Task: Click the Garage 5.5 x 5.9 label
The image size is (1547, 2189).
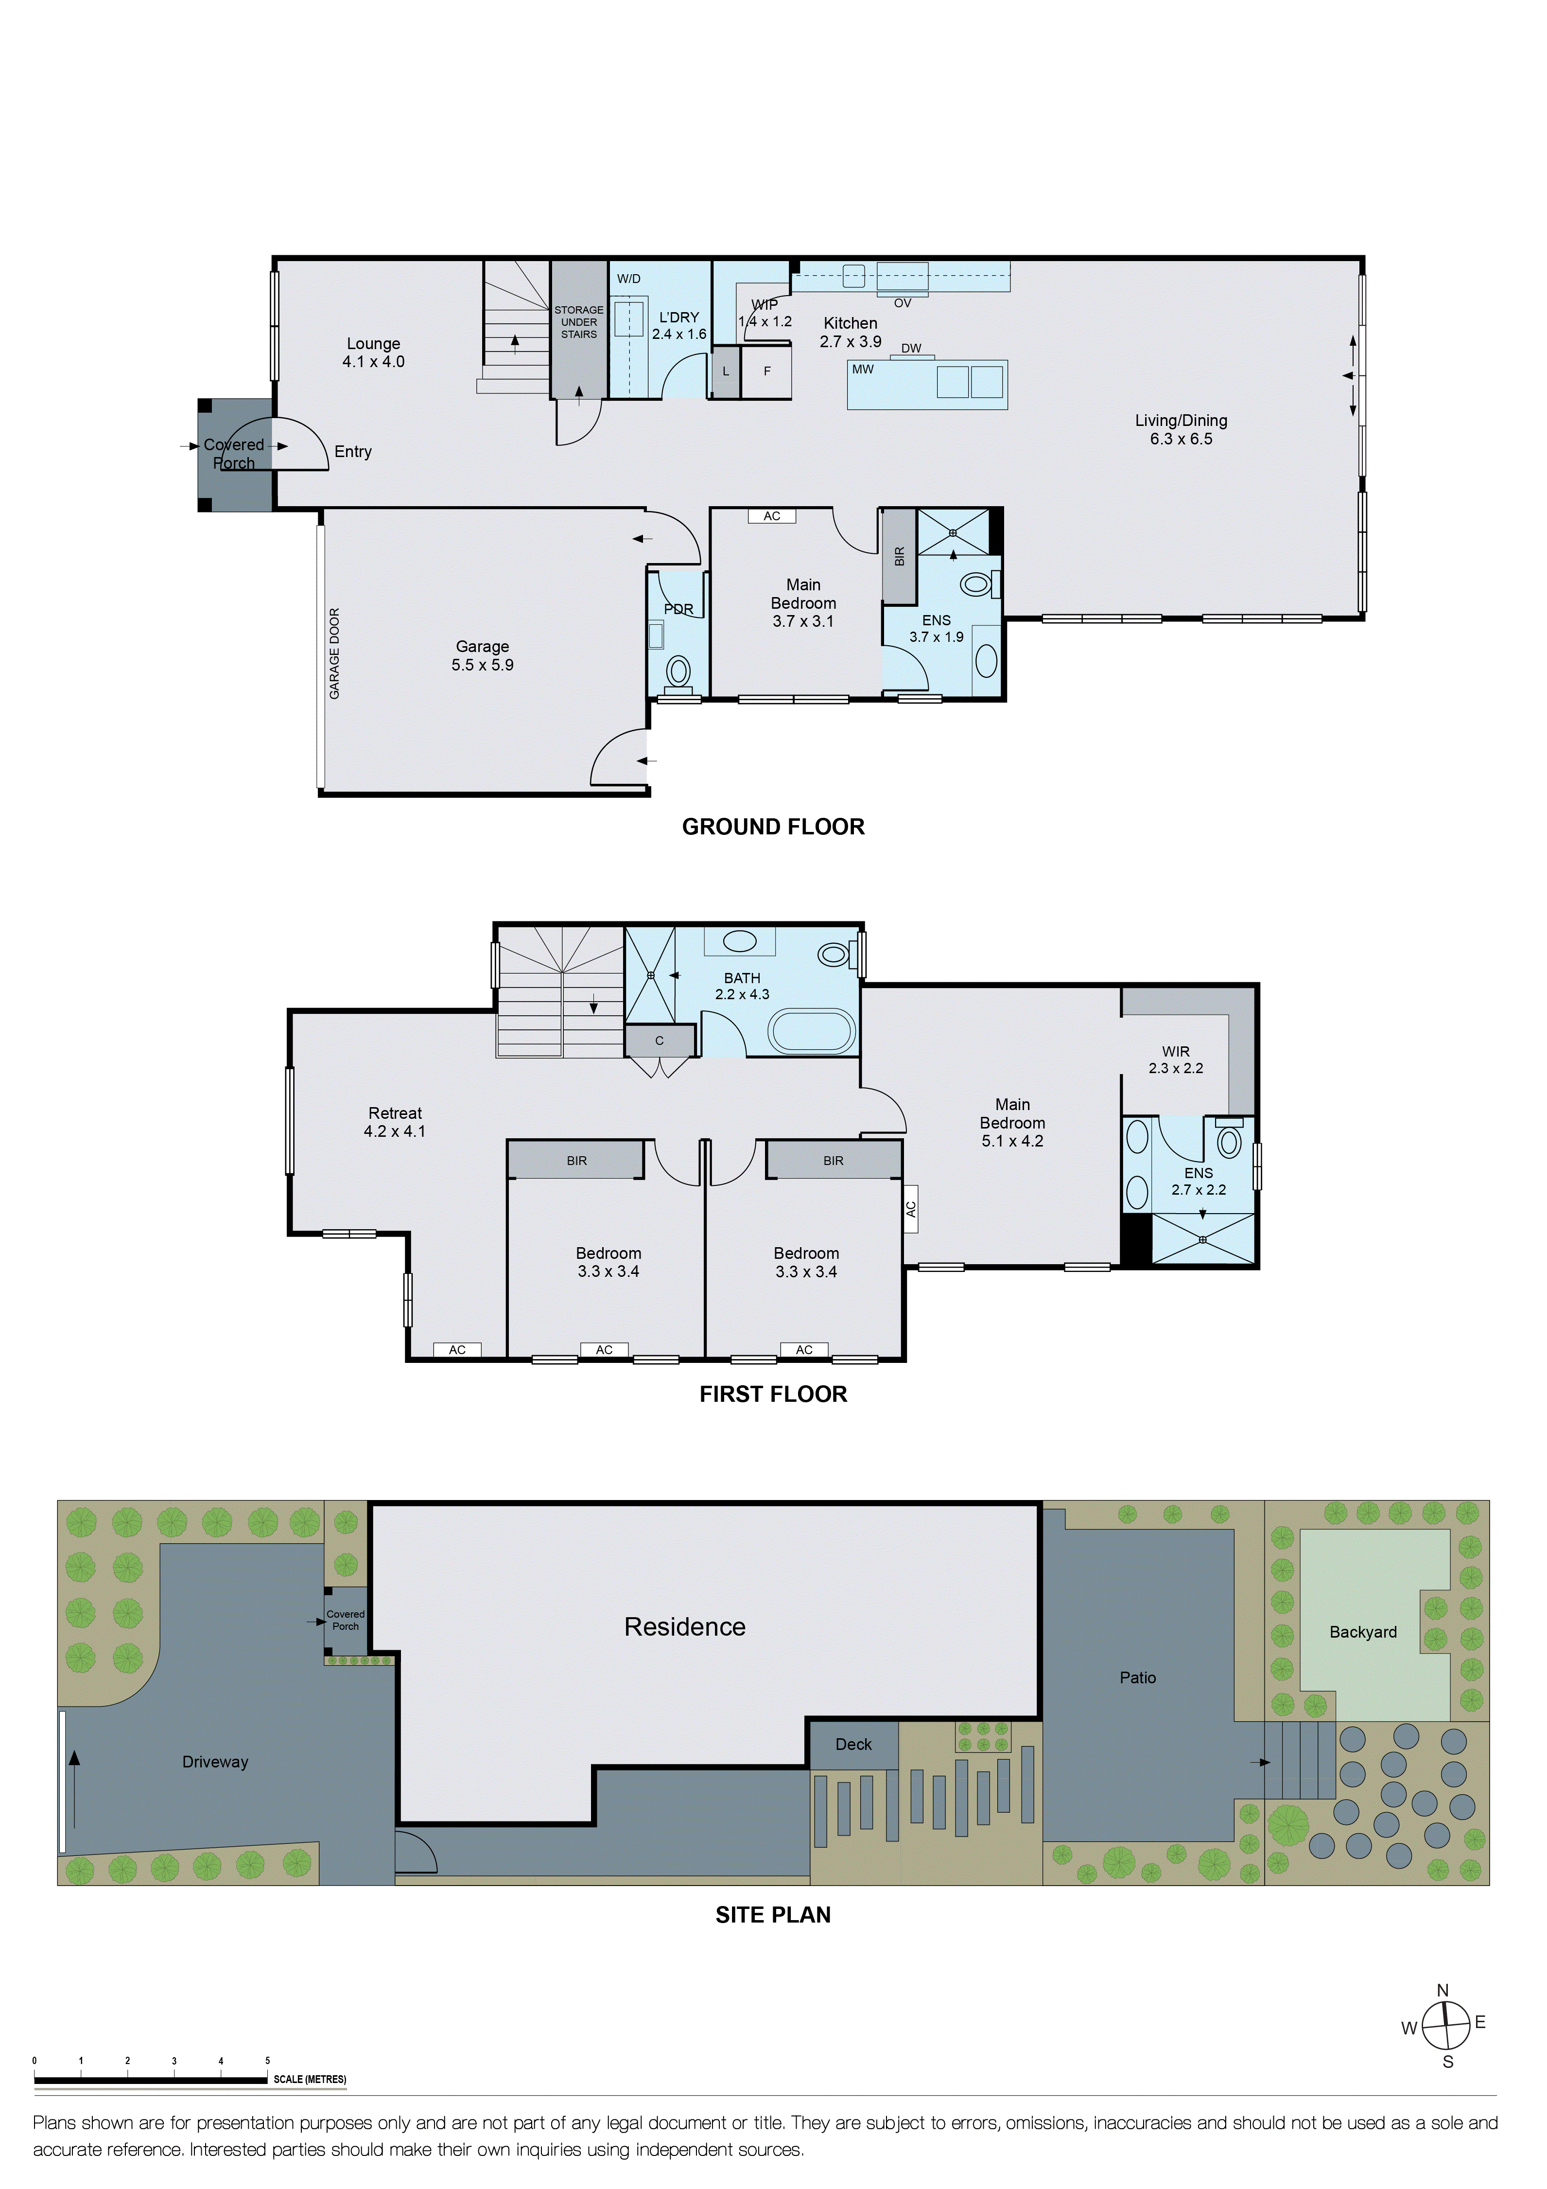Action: pyautogui.click(x=482, y=656)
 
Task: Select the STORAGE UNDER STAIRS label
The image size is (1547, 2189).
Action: pyautogui.click(x=578, y=322)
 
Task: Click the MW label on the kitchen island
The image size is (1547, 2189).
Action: pyautogui.click(x=863, y=369)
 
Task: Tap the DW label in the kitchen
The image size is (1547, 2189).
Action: pyautogui.click(x=911, y=348)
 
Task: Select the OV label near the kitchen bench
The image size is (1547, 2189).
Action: pyautogui.click(x=902, y=303)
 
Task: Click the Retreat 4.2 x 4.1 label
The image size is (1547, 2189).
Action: pyautogui.click(x=395, y=1122)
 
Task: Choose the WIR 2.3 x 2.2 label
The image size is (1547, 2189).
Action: pyautogui.click(x=1175, y=1059)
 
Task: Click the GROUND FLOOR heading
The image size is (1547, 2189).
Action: pyautogui.click(x=773, y=827)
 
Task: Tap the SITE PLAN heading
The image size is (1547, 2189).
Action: pyautogui.click(x=773, y=1914)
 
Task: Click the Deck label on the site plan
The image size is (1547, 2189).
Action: pyautogui.click(x=853, y=1744)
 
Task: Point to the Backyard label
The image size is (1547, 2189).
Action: pyautogui.click(x=1363, y=1632)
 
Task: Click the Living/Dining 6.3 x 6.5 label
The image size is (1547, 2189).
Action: pyautogui.click(x=1181, y=429)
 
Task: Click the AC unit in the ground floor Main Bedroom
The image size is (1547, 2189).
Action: pyautogui.click(x=772, y=516)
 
